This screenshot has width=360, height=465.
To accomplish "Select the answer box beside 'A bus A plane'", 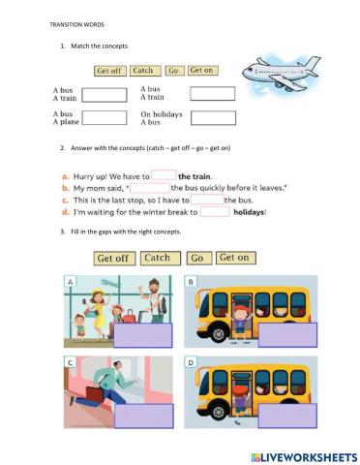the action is (105, 117).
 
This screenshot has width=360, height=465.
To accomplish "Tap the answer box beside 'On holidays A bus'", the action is (212, 117).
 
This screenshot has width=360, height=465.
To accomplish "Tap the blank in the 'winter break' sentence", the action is (215, 211).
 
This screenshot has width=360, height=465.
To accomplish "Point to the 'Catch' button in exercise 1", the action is (143, 71).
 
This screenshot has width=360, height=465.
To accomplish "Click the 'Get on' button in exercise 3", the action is (233, 258).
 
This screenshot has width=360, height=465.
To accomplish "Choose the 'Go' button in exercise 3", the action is (196, 259).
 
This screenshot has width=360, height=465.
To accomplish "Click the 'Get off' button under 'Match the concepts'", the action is (107, 71).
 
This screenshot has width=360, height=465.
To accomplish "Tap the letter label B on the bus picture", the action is (191, 282).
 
